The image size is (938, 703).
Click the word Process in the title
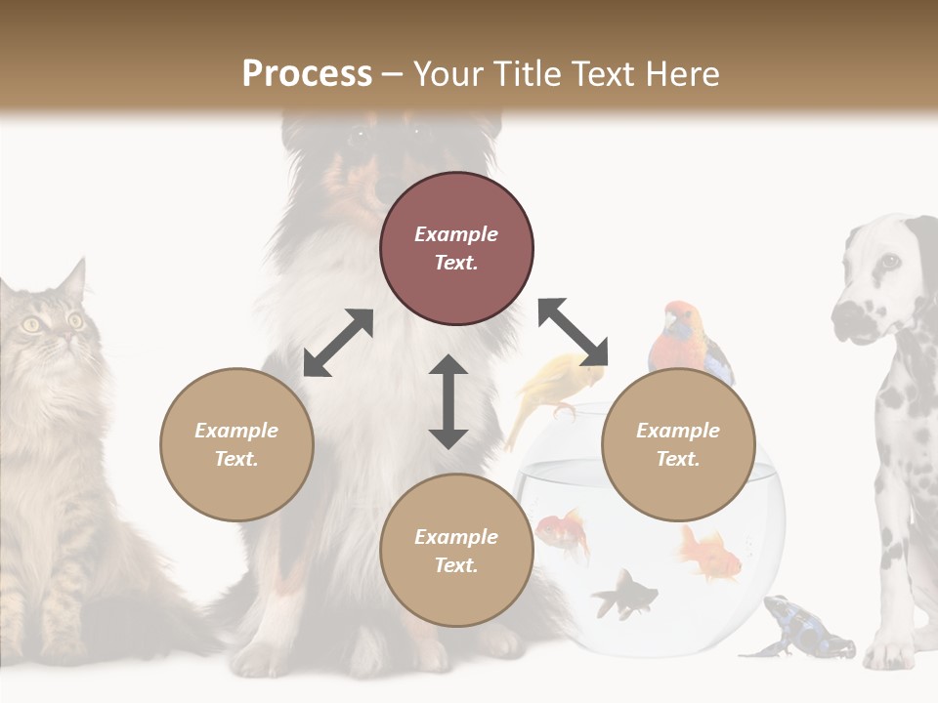tap(307, 74)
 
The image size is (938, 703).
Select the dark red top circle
tap(456, 249)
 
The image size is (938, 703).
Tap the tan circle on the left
tap(236, 444)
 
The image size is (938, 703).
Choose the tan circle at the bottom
tap(456, 551)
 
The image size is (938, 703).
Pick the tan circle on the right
tap(678, 444)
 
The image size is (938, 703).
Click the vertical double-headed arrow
tap(448, 401)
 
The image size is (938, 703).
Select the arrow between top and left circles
tap(338, 343)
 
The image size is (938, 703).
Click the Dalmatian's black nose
tap(845, 315)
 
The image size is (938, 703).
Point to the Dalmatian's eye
tap(888, 261)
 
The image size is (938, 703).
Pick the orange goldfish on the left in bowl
tap(563, 532)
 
